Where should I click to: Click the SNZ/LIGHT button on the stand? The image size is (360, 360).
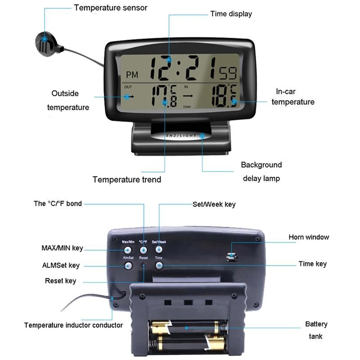click(x=177, y=136)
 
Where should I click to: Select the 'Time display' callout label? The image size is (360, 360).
click(x=231, y=13)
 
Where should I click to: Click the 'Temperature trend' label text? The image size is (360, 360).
click(x=126, y=180)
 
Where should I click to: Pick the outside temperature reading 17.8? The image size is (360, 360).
click(x=166, y=95)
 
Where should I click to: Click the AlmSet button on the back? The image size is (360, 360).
click(x=128, y=265)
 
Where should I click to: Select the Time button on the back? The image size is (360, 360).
click(x=159, y=265)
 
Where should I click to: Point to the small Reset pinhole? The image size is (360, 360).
click(x=144, y=265)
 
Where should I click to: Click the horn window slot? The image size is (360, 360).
click(x=232, y=257)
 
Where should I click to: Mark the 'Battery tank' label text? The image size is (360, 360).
click(x=316, y=330)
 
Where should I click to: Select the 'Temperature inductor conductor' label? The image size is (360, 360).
click(x=73, y=325)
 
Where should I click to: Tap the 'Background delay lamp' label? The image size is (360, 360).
click(x=261, y=171)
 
